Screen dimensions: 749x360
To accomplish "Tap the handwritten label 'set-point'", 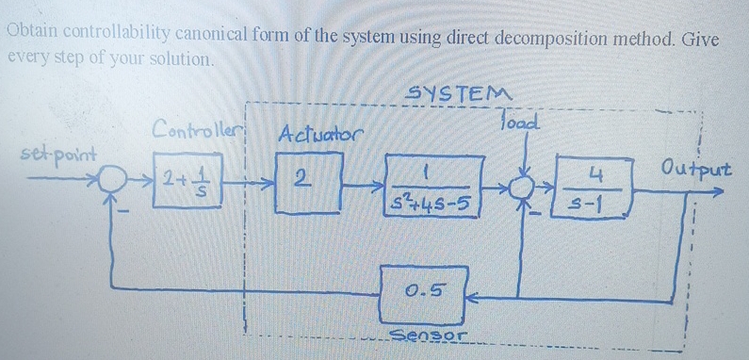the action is pyautogui.click(x=58, y=154).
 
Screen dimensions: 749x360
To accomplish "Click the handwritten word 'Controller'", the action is pyautogui.click(x=195, y=128).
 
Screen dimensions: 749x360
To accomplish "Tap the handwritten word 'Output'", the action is pyautogui.click(x=696, y=168).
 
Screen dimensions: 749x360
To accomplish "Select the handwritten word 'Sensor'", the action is pyautogui.click(x=427, y=335).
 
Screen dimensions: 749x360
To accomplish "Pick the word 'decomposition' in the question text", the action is pyautogui.click(x=546, y=39).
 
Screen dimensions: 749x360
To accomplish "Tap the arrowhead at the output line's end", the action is pyautogui.click(x=718, y=192).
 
